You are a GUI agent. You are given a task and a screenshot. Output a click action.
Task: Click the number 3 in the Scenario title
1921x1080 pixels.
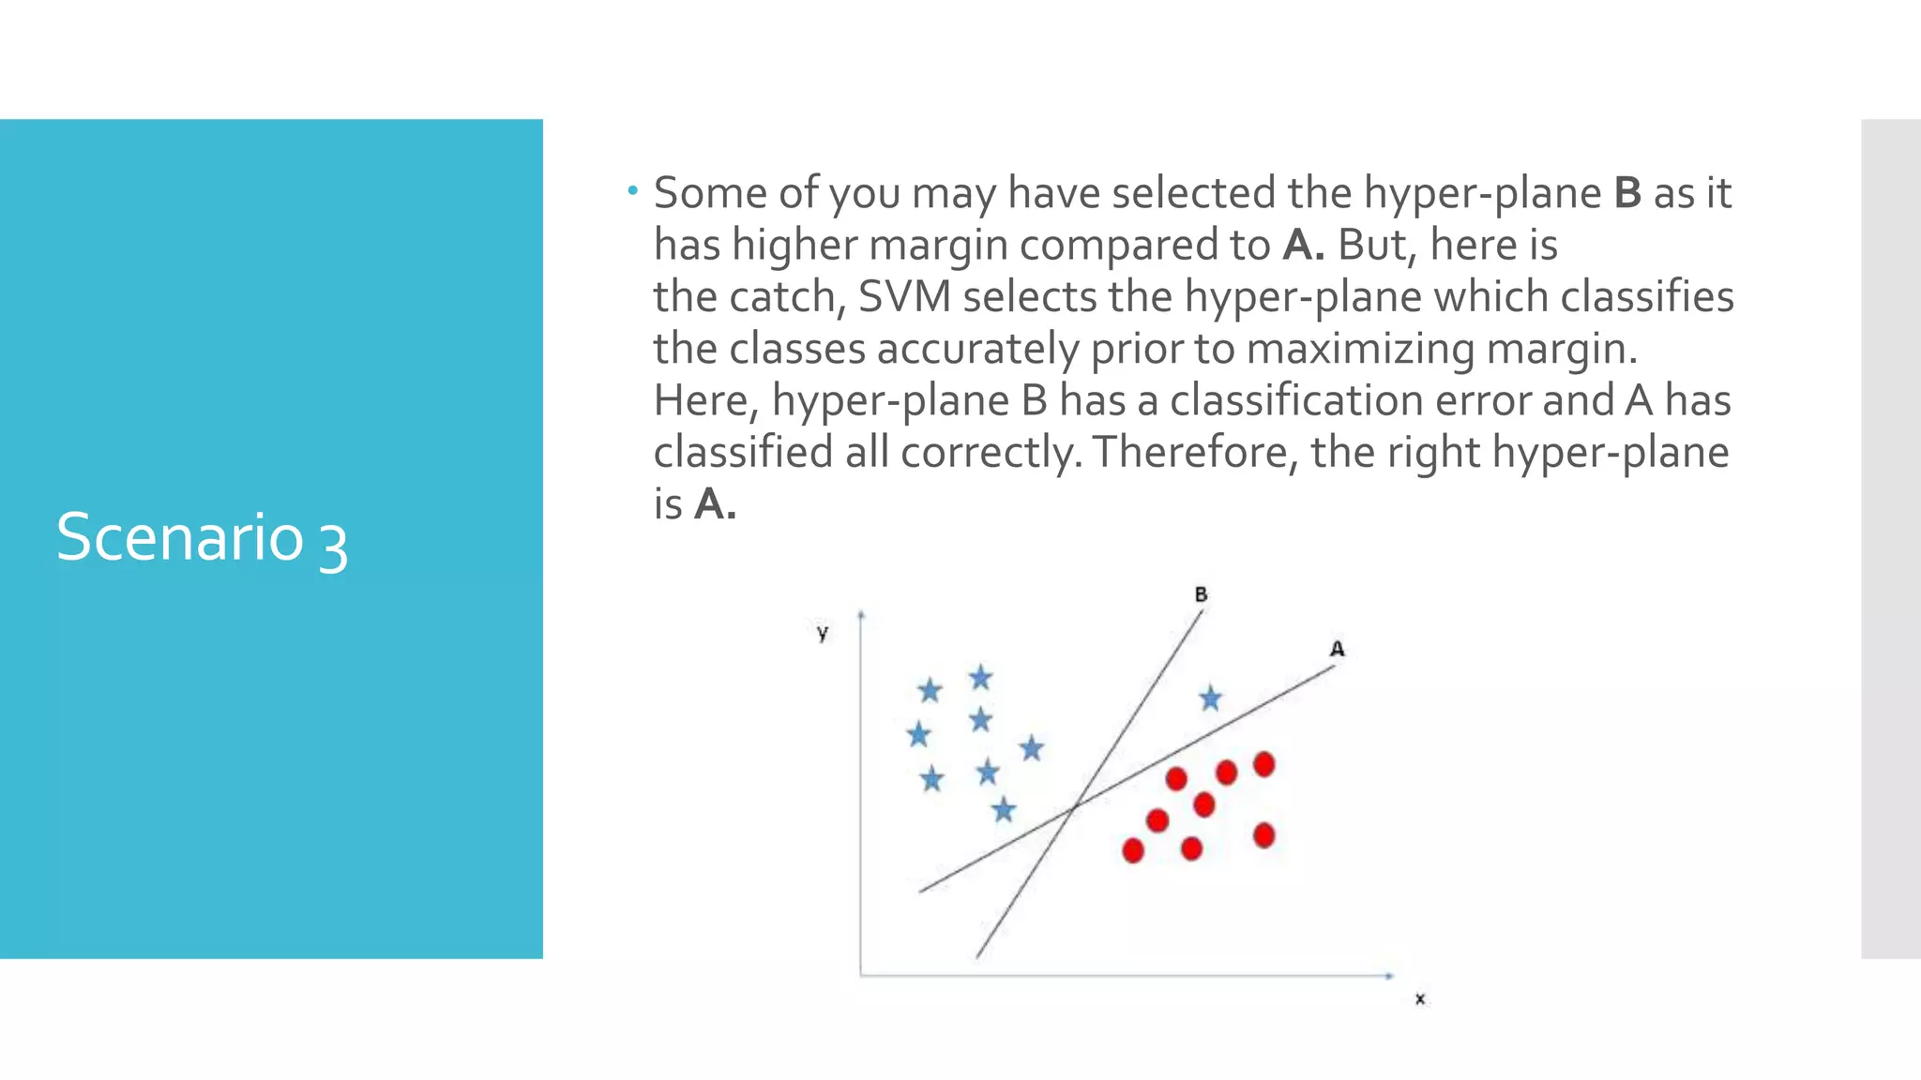point(333,544)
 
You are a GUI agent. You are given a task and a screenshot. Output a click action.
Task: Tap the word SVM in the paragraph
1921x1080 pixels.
point(904,297)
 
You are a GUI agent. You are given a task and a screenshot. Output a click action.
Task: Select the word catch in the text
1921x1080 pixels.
point(782,297)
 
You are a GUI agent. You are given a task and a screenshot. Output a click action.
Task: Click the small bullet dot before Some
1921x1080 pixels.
point(633,192)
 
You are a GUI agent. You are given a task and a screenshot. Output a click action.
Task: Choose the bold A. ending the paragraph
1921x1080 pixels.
point(715,505)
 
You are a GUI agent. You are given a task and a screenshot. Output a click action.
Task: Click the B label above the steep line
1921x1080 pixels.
point(1201,594)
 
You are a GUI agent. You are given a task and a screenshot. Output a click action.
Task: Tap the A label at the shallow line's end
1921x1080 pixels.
point(1337,649)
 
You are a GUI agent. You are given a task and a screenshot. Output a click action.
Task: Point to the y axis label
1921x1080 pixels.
point(823,633)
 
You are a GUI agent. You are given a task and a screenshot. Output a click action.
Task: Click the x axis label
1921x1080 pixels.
point(1420,999)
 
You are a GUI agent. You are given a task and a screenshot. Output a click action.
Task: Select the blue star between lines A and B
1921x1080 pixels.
point(1211,699)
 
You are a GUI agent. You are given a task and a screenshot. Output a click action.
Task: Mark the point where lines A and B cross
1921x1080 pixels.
point(1075,804)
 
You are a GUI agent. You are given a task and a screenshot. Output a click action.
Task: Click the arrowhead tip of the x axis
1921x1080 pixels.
point(1392,976)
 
